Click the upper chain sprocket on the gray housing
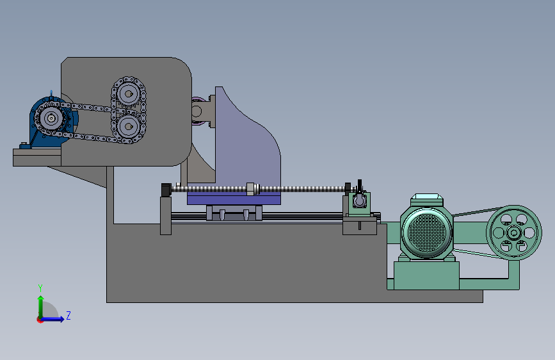129,94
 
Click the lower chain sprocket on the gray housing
129,126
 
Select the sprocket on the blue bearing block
51,118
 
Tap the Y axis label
40,288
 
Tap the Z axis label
68,315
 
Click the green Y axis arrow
41,307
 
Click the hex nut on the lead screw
250,189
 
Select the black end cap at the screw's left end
166,190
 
